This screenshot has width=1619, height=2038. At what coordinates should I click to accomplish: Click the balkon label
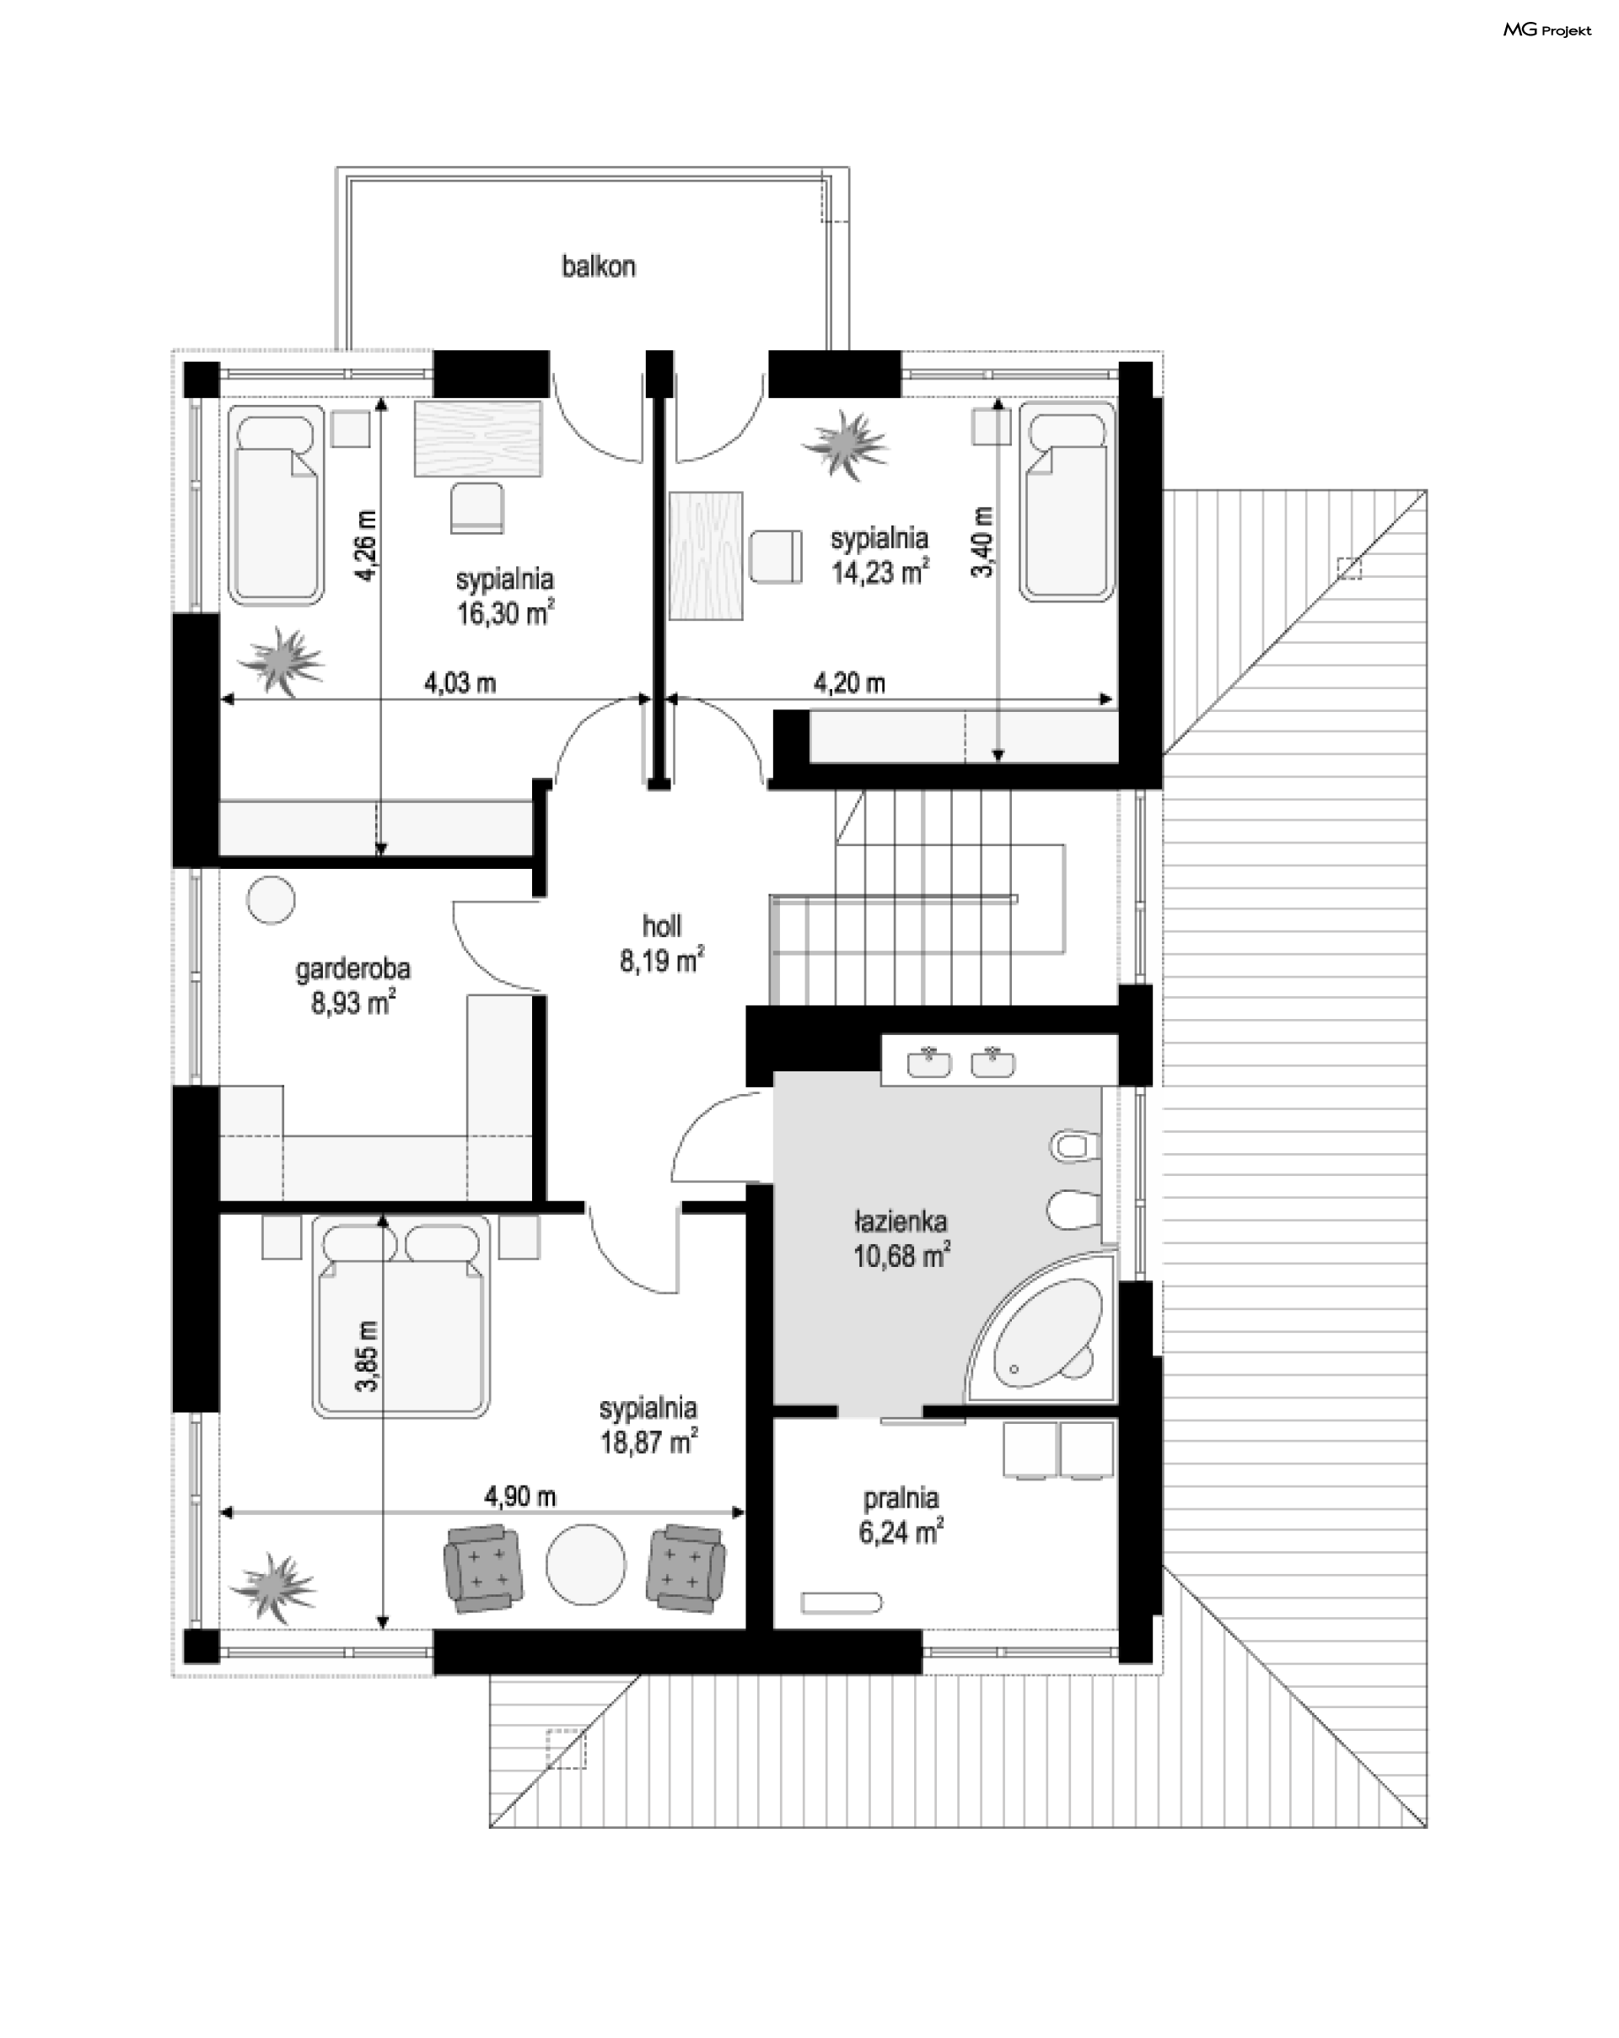coord(598,267)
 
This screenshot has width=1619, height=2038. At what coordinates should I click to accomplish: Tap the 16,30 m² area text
coord(506,612)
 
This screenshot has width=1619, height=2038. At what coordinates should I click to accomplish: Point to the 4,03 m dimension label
coord(460,682)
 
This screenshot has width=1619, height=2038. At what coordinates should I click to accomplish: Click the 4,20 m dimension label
coord(850,682)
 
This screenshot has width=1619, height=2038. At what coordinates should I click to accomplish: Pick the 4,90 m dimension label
coord(519,1496)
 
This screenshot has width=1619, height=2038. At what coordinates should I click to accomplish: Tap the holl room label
coord(662,925)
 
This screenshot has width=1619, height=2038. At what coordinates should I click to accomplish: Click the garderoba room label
coord(352,969)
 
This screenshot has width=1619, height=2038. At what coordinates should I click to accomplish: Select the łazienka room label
coord(901,1222)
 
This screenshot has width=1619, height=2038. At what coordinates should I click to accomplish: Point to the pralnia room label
coord(901,1498)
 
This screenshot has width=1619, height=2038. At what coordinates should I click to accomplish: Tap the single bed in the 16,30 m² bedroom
coord(275,504)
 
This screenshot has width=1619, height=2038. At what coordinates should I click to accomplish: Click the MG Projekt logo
coord(1547,30)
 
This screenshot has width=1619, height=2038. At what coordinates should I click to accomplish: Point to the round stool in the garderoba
coord(272,899)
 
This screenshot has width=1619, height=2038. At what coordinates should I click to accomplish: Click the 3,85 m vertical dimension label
coord(367,1356)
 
